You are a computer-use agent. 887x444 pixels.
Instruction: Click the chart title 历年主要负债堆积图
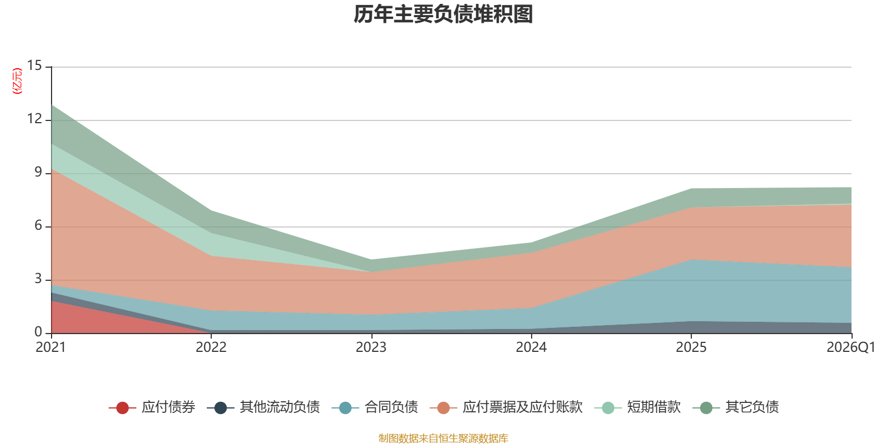tap(443, 14)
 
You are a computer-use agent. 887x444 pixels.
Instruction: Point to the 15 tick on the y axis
tap(34, 65)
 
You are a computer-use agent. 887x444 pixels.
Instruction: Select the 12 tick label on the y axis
tap(34, 119)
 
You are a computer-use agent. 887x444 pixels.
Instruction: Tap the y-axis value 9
tap(38, 172)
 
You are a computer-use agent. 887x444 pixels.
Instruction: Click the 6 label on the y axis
tap(38, 225)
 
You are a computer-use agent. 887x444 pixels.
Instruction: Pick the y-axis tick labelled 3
tap(38, 279)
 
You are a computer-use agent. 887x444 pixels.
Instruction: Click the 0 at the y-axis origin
tap(38, 332)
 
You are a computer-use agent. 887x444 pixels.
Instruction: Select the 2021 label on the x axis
tap(50, 347)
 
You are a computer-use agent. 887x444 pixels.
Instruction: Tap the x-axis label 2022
tap(211, 347)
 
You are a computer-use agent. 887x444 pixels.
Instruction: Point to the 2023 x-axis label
tap(371, 347)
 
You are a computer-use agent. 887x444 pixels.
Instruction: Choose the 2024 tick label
tap(531, 347)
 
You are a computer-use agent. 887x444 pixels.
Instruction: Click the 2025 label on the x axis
tap(691, 347)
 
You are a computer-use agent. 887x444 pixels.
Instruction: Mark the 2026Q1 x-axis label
tap(851, 347)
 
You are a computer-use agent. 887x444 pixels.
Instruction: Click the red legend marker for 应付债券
tap(123, 407)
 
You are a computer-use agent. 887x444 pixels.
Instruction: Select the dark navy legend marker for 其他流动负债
tap(221, 407)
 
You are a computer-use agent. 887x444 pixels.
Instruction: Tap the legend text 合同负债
tap(391, 407)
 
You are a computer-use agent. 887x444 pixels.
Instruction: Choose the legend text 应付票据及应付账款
tap(523, 407)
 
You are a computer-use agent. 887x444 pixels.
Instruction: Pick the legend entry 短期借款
tap(638, 407)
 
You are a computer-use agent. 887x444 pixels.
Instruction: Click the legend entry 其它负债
tap(736, 407)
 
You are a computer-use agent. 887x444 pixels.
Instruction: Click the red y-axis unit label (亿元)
tap(17, 81)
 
